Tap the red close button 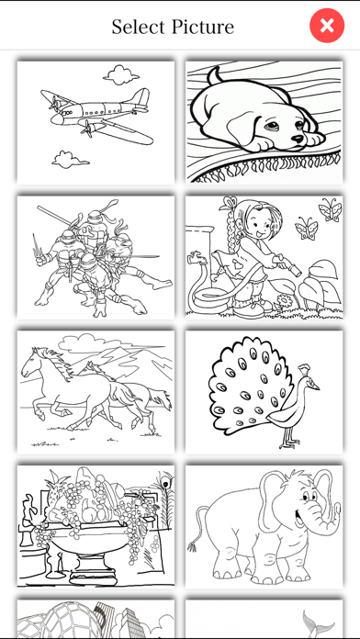327,26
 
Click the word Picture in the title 203,27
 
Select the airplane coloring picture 96,122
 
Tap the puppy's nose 298,139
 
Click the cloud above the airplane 120,74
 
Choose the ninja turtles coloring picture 96,257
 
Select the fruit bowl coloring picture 96,526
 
